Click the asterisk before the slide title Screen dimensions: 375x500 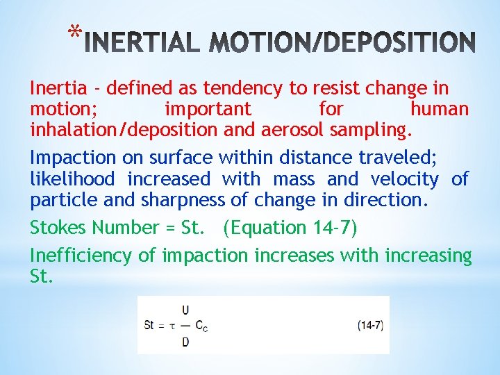[x=76, y=33]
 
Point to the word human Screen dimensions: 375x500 [x=439, y=109]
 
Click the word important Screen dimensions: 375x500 [x=208, y=109]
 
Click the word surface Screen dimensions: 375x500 [x=178, y=158]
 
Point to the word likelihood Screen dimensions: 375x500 [x=72, y=179]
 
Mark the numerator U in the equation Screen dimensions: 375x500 [x=185, y=310]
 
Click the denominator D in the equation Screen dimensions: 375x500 [x=185, y=341]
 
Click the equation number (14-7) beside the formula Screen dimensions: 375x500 [x=370, y=325]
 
